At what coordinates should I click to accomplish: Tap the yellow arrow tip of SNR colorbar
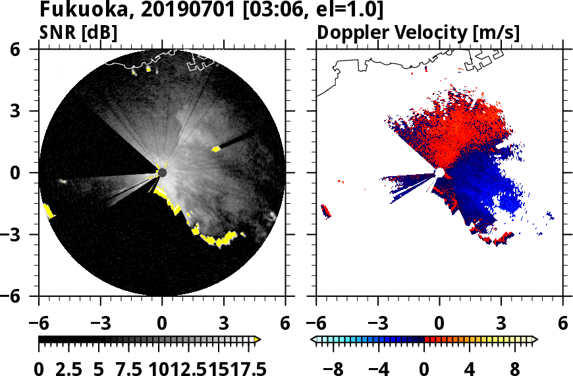pyautogui.click(x=258, y=340)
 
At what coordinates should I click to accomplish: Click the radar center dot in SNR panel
pyautogui.click(x=162, y=173)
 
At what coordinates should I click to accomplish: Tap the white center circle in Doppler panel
pyautogui.click(x=439, y=173)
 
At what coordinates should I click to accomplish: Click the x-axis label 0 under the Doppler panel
pyautogui.click(x=439, y=324)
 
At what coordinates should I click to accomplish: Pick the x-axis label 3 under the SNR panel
pyautogui.click(x=224, y=324)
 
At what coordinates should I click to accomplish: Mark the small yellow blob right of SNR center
pyautogui.click(x=215, y=149)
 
